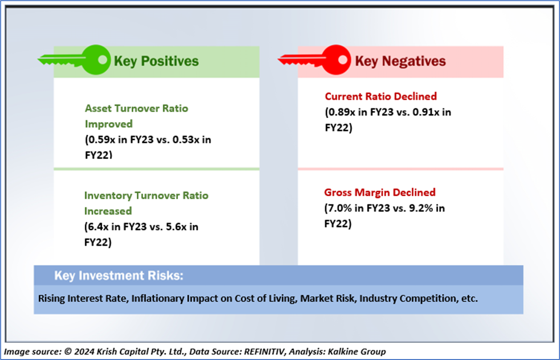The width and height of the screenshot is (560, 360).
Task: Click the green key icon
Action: [75, 60]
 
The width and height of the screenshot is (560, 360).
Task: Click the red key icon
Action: [314, 60]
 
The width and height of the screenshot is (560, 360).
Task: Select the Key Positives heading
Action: [157, 61]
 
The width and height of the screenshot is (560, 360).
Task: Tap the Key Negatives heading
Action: [400, 61]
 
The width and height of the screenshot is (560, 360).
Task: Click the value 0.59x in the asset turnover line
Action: [101, 140]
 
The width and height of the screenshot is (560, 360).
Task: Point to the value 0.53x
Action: [186, 140]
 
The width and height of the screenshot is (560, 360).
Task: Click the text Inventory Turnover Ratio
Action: [147, 196]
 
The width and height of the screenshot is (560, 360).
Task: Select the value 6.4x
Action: [98, 227]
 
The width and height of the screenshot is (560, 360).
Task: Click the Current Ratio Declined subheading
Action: [381, 96]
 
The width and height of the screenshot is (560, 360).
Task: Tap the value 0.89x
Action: [342, 112]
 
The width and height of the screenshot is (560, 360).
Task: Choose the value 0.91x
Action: [426, 112]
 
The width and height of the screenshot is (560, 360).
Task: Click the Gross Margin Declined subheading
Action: [380, 192]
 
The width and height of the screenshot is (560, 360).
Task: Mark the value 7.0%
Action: [339, 208]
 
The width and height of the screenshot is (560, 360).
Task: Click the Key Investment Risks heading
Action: [118, 276]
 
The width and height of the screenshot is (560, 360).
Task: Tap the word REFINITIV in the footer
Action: [265, 352]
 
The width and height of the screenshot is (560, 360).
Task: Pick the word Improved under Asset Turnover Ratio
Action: [108, 124]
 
